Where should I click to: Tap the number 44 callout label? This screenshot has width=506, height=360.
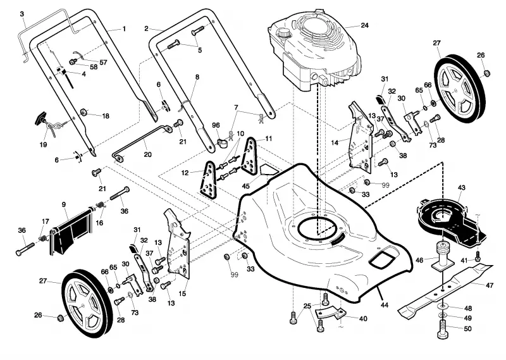tap(385, 304)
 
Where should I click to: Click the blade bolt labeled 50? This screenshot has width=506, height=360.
tap(443, 328)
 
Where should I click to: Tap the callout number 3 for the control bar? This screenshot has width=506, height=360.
tap(22, 14)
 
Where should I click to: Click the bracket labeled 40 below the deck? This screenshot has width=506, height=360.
tap(331, 313)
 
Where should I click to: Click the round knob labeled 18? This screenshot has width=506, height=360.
tap(85, 112)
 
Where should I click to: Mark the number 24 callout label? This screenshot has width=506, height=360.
tap(365, 25)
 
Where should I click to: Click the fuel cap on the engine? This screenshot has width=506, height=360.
tap(284, 33)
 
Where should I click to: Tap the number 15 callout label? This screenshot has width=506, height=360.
tap(182, 294)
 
